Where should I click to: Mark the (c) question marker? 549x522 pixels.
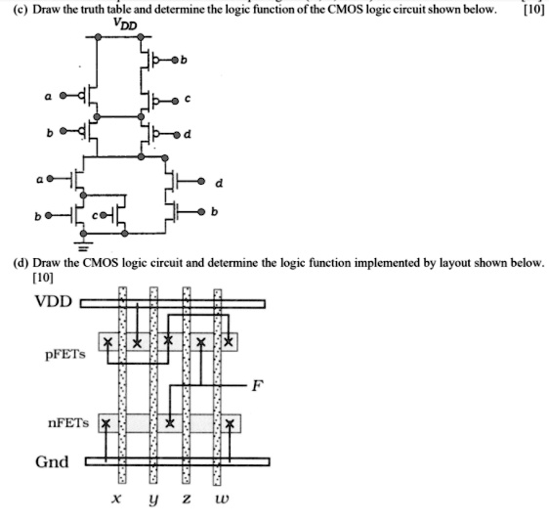point(15,10)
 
